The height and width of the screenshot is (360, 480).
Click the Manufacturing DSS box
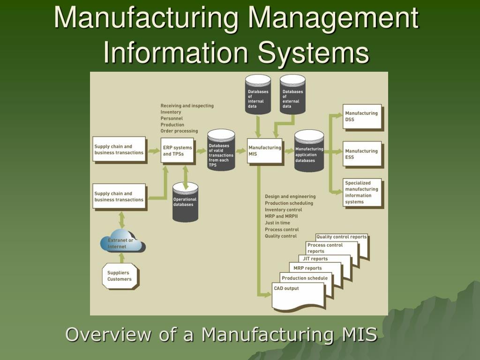pyautogui.click(x=362, y=116)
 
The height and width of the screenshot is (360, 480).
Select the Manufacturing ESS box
pyautogui.click(x=362, y=154)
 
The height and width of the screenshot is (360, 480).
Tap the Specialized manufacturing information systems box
pyautogui.click(x=362, y=192)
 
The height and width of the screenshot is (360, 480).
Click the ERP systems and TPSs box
pyautogui.click(x=177, y=150)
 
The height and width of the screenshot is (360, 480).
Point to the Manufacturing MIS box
pyautogui.click(x=264, y=150)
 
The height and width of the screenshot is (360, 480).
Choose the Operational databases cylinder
pyautogui.click(x=185, y=202)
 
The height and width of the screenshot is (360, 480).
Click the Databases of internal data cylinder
pyautogui.click(x=258, y=94)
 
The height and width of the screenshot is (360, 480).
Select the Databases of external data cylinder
pyautogui.click(x=292, y=94)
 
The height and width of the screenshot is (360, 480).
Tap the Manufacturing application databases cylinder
pyautogui.click(x=309, y=150)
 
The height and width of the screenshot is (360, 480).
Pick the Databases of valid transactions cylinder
pyautogui.click(x=221, y=150)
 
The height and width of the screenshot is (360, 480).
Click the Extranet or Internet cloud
pyautogui.click(x=122, y=242)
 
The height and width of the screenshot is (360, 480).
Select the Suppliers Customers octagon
pyautogui.click(x=120, y=276)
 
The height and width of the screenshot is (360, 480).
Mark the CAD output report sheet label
pyautogui.click(x=286, y=288)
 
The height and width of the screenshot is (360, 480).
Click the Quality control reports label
pyautogui.click(x=341, y=237)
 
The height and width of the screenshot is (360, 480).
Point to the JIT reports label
pyautogui.click(x=315, y=259)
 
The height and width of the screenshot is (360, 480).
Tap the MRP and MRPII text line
pyautogui.click(x=281, y=216)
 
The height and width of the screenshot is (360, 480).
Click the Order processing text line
pyautogui.click(x=179, y=131)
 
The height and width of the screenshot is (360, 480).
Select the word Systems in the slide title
pyautogui.click(x=313, y=52)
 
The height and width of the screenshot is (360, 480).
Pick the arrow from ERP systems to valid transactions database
pyautogui.click(x=201, y=150)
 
